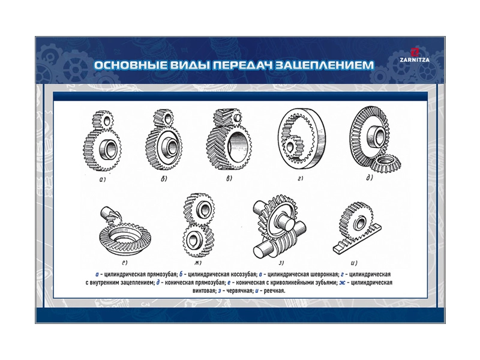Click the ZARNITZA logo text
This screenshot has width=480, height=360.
(x=415, y=60)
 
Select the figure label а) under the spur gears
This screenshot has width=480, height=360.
(x=102, y=179)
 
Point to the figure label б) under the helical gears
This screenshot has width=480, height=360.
(x=164, y=178)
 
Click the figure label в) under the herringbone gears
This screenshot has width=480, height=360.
(x=229, y=178)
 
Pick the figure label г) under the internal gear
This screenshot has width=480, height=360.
(x=300, y=178)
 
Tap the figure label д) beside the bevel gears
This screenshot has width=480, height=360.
(x=370, y=178)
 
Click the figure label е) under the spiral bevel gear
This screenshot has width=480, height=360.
(x=124, y=262)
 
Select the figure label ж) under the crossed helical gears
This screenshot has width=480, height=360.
(x=198, y=262)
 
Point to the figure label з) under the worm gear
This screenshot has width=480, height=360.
(x=281, y=262)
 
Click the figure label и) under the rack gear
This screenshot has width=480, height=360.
(x=354, y=262)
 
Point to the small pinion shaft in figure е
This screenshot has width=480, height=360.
(x=109, y=214)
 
